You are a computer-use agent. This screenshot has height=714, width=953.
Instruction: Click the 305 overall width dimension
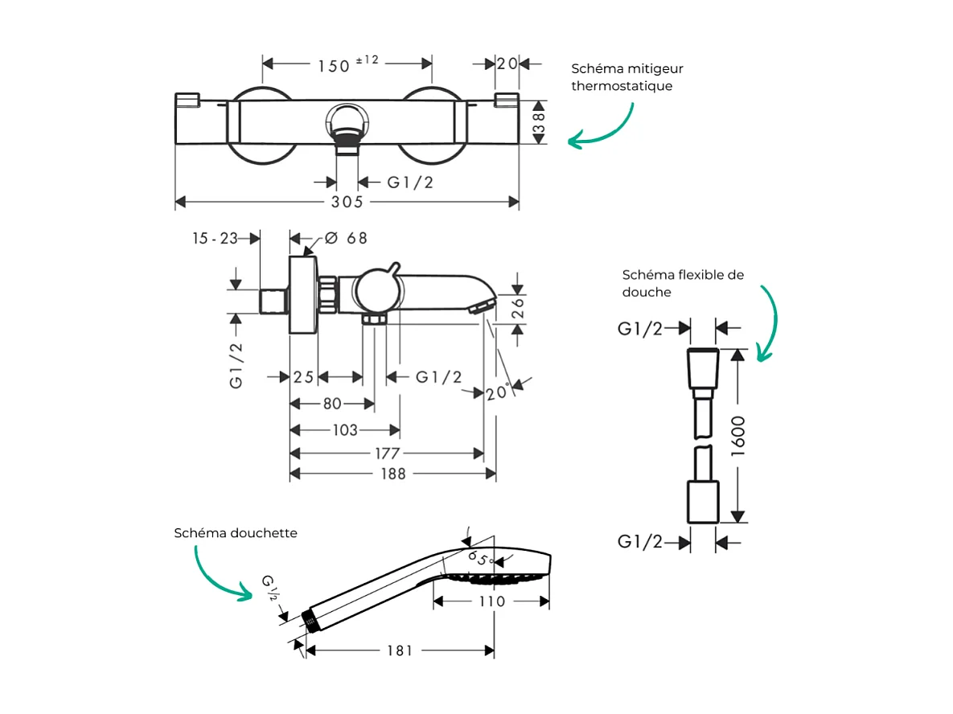[x=347, y=202]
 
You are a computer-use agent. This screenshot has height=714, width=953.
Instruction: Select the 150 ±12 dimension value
[x=347, y=64]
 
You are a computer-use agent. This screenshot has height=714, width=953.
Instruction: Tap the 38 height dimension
[x=539, y=123]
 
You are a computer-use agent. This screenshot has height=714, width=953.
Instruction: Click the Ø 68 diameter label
[x=347, y=238]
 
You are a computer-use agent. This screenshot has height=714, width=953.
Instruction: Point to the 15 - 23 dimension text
[x=215, y=238]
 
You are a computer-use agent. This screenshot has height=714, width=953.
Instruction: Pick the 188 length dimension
[x=392, y=474]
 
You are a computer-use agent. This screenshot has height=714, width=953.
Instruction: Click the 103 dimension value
[x=345, y=430]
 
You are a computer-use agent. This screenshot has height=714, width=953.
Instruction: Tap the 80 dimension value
[x=332, y=404]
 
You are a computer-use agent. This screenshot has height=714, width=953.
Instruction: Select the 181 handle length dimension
[x=399, y=650]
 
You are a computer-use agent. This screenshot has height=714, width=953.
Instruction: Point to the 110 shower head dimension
[x=491, y=601]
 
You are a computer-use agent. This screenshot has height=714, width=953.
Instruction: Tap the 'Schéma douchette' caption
[x=236, y=533]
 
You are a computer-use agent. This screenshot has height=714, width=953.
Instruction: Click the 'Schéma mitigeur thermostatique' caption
[x=627, y=77]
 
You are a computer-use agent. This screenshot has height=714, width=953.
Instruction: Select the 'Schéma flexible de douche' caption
[x=683, y=283]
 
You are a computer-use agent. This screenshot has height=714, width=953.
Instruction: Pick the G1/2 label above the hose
[x=640, y=328]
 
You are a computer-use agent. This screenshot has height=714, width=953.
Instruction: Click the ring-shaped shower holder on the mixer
[x=347, y=125]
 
